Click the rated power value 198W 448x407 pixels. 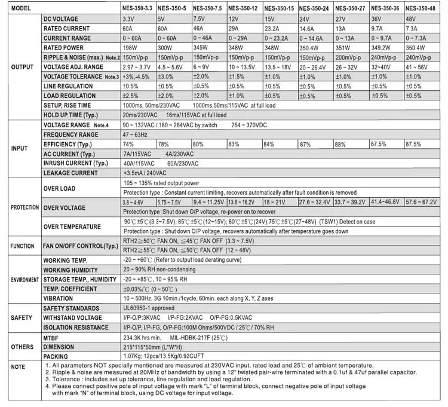pyautogui.click(x=131, y=48)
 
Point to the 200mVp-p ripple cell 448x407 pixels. pyautogui.click(x=349, y=57)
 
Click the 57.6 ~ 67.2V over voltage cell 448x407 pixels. pyautogui.click(x=422, y=203)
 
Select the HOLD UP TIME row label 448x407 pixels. pyautogui.click(x=70, y=115)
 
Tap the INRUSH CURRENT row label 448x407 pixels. pyautogui.click(x=75, y=163)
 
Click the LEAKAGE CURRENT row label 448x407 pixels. pyautogui.click(x=70, y=173)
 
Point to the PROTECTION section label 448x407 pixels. pyautogui.click(x=25, y=207)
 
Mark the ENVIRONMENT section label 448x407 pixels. pyautogui.click(x=24, y=280)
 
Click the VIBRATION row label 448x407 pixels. pyautogui.click(x=59, y=298)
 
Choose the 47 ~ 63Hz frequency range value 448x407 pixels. pyautogui.click(x=136, y=134)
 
